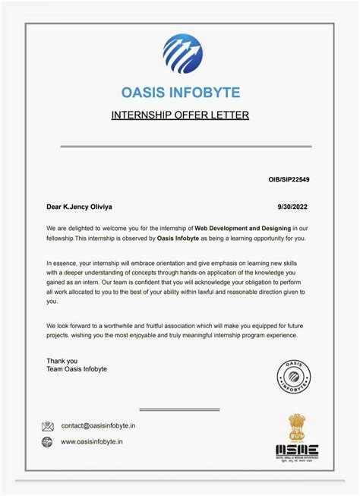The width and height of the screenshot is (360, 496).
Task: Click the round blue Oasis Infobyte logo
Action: [182, 52]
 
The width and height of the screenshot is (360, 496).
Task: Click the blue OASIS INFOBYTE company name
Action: [180, 93]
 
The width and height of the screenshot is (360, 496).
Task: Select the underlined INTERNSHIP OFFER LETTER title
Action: [180, 115]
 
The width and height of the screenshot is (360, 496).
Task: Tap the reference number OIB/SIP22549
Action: [289, 180]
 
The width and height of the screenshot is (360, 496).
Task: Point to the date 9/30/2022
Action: [295, 206]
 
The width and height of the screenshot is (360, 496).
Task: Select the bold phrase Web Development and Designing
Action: [244, 227]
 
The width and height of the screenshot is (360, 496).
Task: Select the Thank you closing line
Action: [62, 361]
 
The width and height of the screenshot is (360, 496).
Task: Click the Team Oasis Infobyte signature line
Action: [77, 369]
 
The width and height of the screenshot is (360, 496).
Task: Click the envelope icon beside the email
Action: [48, 426]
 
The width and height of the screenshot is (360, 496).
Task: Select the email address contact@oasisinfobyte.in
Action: [98, 426]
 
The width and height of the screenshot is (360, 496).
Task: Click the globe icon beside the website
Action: [48, 441]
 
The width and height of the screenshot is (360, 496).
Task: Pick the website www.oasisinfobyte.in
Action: [92, 441]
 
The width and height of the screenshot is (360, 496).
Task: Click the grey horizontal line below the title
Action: [180, 146]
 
